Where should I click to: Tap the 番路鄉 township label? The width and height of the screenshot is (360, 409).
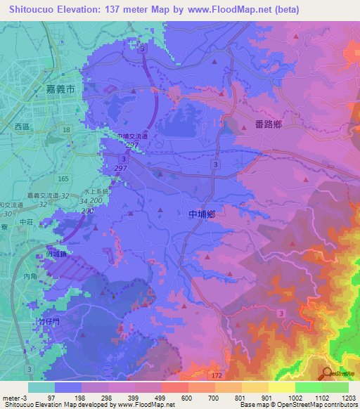[269, 124]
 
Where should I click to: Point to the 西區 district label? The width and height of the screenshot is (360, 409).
[23, 127]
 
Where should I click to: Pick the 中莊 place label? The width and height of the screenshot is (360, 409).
[27, 222]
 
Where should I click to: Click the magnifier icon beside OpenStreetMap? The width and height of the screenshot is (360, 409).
[326, 374]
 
